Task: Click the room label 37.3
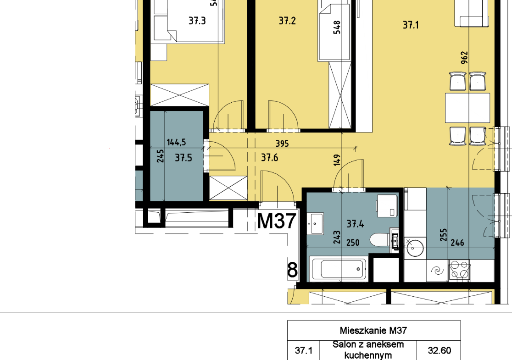(x=197, y=21)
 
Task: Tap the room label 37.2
(x=287, y=21)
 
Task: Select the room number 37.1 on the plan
(x=411, y=25)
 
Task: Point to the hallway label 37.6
(x=270, y=158)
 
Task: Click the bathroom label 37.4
(x=355, y=224)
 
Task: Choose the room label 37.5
(x=184, y=158)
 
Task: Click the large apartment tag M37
(x=277, y=221)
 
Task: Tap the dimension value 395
(x=282, y=144)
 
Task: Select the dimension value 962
(x=464, y=57)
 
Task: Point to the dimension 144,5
(x=176, y=142)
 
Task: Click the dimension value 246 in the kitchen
(x=457, y=243)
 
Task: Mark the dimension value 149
(x=337, y=160)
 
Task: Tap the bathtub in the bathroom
(x=339, y=269)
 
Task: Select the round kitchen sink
(x=415, y=247)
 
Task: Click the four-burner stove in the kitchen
(x=460, y=270)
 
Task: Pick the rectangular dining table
(x=467, y=108)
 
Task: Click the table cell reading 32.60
(x=439, y=350)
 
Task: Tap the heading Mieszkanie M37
(x=373, y=331)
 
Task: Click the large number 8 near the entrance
(x=292, y=270)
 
